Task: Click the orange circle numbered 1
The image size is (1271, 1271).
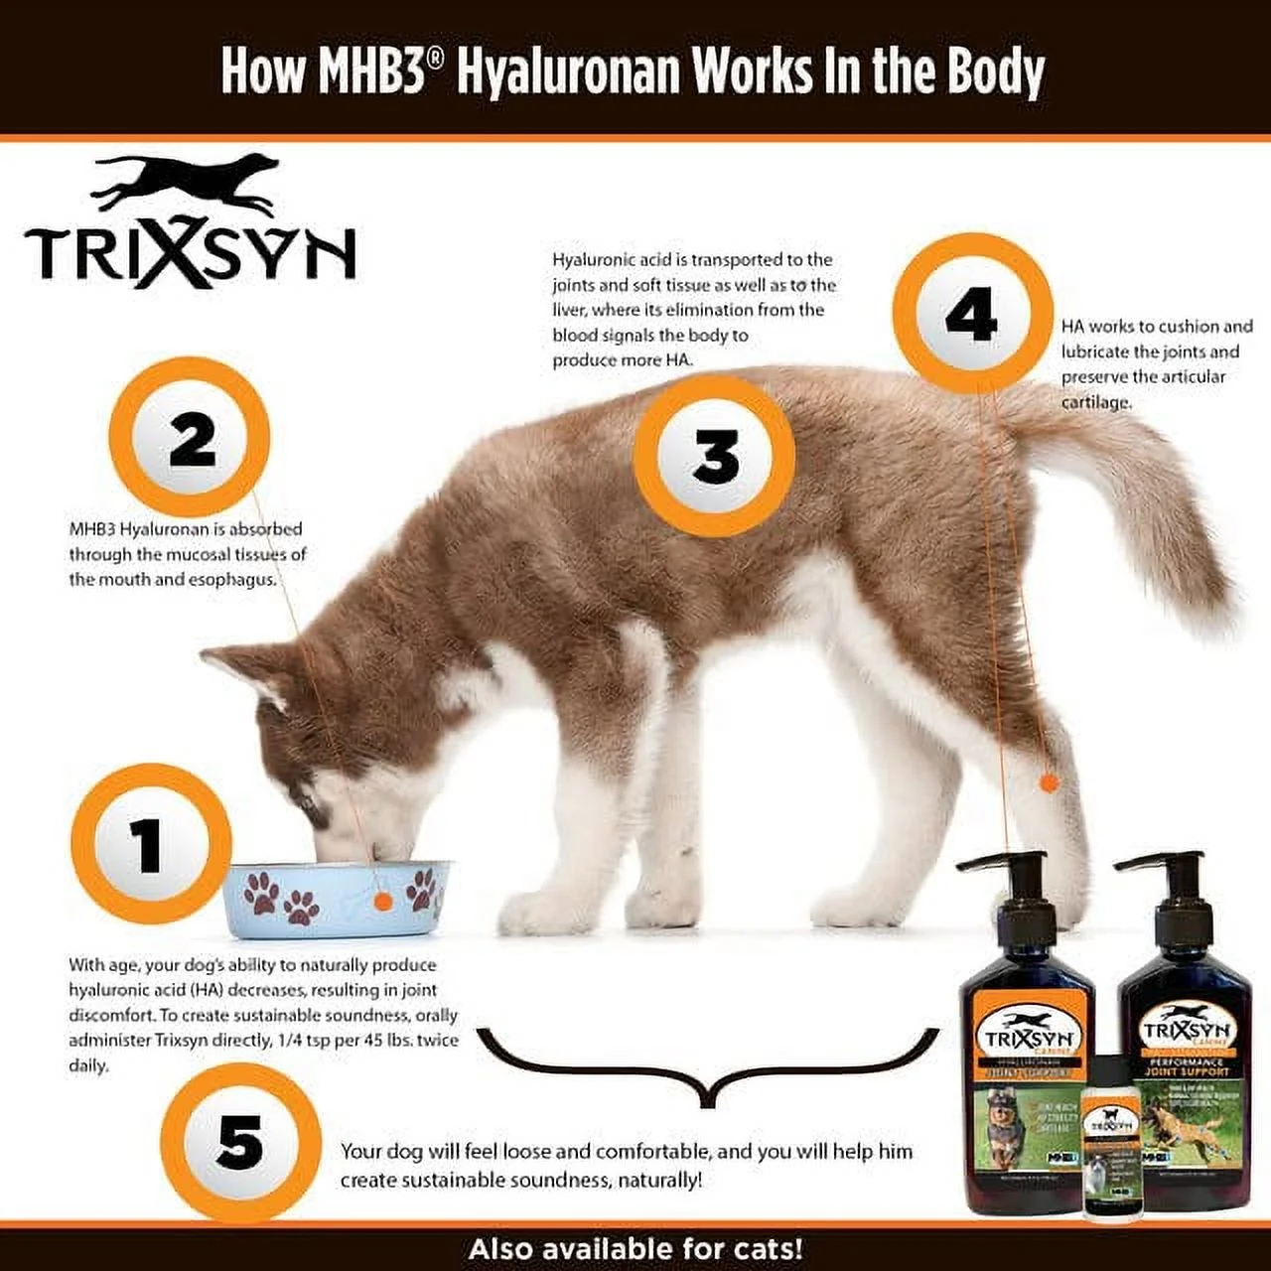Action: pyautogui.click(x=151, y=845)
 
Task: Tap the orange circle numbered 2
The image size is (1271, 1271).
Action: pyautogui.click(x=190, y=438)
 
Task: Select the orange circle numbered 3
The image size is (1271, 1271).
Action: pyautogui.click(x=714, y=457)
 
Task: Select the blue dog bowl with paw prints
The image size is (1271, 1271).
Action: pyautogui.click(x=338, y=899)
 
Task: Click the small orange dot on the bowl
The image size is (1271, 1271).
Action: pyautogui.click(x=382, y=900)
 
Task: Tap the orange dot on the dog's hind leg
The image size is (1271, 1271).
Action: pyautogui.click(x=1048, y=782)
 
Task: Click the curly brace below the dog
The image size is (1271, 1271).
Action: pyautogui.click(x=707, y=1067)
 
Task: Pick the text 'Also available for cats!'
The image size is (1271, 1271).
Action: pyautogui.click(x=635, y=1248)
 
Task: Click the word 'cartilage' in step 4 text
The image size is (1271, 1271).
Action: pyautogui.click(x=1096, y=402)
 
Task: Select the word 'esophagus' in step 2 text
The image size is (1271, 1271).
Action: pyautogui.click(x=232, y=580)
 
